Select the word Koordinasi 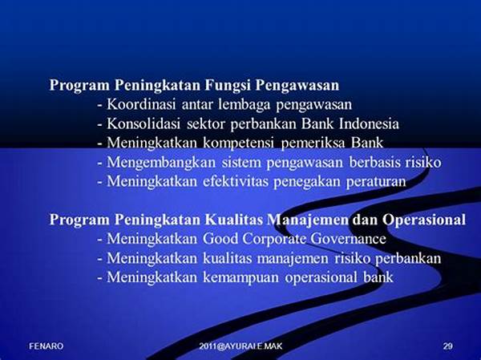pyautogui.click(x=141, y=104)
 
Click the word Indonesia pyautogui.click(x=369, y=123)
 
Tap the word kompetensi pyautogui.click(x=238, y=144)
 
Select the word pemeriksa pyautogui.click(x=313, y=144)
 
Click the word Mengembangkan pyautogui.click(x=161, y=163)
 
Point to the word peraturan pyautogui.click(x=376, y=182)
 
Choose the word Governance pyautogui.click(x=348, y=239)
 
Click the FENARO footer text pyautogui.click(x=46, y=346)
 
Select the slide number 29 pyautogui.click(x=447, y=346)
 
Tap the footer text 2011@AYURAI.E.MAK pyautogui.click(x=240, y=346)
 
